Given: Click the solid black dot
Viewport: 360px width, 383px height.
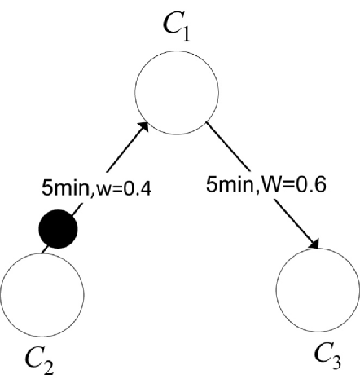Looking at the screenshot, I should tap(59, 230).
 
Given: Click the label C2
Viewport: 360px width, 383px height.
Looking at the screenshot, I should tap(38, 358).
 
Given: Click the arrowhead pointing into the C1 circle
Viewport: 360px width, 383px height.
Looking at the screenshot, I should tap(146, 126).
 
